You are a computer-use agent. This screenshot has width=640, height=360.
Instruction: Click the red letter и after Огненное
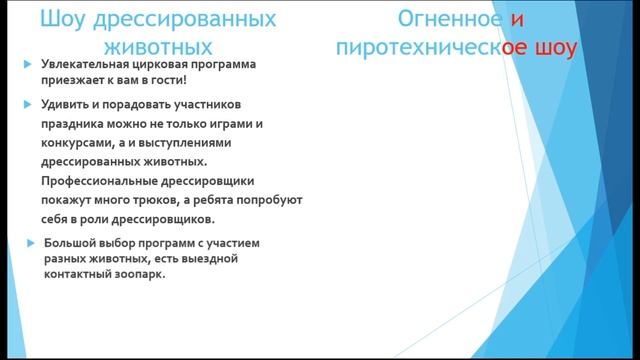click(516, 20)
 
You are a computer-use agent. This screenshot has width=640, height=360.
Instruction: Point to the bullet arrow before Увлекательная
click(28, 66)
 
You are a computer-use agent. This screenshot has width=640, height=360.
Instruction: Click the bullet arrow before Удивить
click(28, 105)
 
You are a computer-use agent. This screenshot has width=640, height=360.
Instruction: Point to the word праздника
click(76, 124)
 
